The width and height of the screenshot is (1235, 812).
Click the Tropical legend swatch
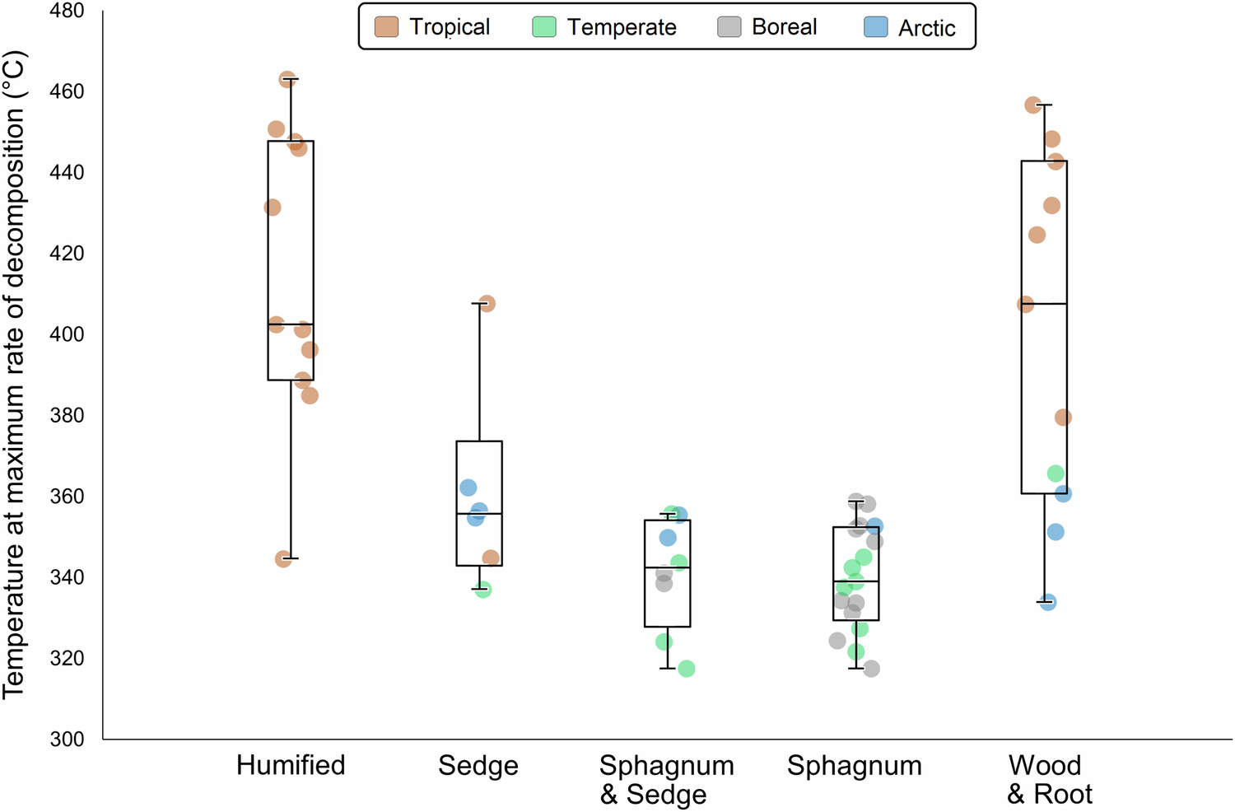click(x=386, y=27)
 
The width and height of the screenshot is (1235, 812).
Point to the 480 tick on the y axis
click(x=66, y=12)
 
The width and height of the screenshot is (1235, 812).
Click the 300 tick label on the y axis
click(x=66, y=740)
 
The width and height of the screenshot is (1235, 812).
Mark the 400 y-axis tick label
click(x=66, y=334)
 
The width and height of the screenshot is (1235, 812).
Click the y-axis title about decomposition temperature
click(x=15, y=376)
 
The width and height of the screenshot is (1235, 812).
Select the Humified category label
click(x=291, y=765)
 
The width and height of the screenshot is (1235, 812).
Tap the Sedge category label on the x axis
click(x=478, y=765)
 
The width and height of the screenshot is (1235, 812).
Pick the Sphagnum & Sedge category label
click(x=666, y=779)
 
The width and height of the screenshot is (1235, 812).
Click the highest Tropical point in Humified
click(x=287, y=80)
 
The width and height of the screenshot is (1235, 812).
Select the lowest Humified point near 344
click(x=283, y=559)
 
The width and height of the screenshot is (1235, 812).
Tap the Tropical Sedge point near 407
click(x=487, y=304)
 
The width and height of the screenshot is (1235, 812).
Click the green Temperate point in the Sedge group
click(x=483, y=590)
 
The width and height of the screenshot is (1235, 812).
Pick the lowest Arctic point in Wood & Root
click(x=1047, y=603)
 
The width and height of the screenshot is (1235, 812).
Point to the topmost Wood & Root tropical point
click(x=1033, y=105)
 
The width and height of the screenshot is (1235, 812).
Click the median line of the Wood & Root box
click(x=1044, y=304)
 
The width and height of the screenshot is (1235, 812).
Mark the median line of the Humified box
click(x=291, y=324)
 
